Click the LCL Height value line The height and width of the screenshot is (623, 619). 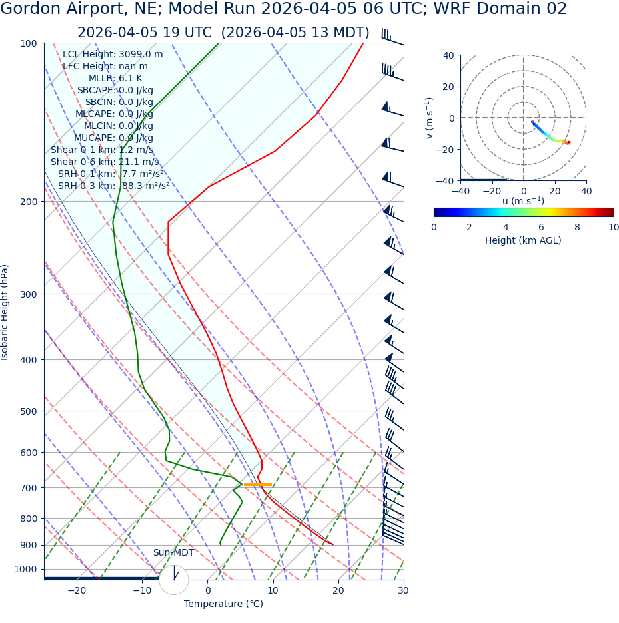[x=112, y=55]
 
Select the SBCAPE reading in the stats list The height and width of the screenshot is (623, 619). [x=115, y=91]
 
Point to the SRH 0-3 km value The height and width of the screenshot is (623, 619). [x=113, y=186]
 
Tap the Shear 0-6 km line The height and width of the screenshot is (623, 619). [x=105, y=162]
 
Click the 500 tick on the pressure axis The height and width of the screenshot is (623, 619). [x=29, y=411]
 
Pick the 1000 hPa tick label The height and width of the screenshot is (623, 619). [x=26, y=570]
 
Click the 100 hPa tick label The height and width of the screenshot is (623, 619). [x=29, y=43]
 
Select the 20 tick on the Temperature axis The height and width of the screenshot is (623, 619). [x=338, y=590]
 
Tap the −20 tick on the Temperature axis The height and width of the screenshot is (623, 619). [x=77, y=590]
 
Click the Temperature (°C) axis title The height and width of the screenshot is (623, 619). [x=223, y=604]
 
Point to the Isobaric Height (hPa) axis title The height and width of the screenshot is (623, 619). [x=5, y=312]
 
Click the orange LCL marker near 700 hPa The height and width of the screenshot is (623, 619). [x=257, y=485]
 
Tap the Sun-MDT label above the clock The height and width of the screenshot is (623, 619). [x=173, y=553]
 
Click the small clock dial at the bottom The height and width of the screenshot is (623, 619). [x=174, y=579]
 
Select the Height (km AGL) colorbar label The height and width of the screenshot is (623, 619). [x=523, y=241]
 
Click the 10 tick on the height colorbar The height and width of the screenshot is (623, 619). [x=613, y=227]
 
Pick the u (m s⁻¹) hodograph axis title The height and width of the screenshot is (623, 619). [x=523, y=201]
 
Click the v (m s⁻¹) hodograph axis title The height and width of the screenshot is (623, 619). [x=430, y=118]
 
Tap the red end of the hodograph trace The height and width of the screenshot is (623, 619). [x=568, y=143]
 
